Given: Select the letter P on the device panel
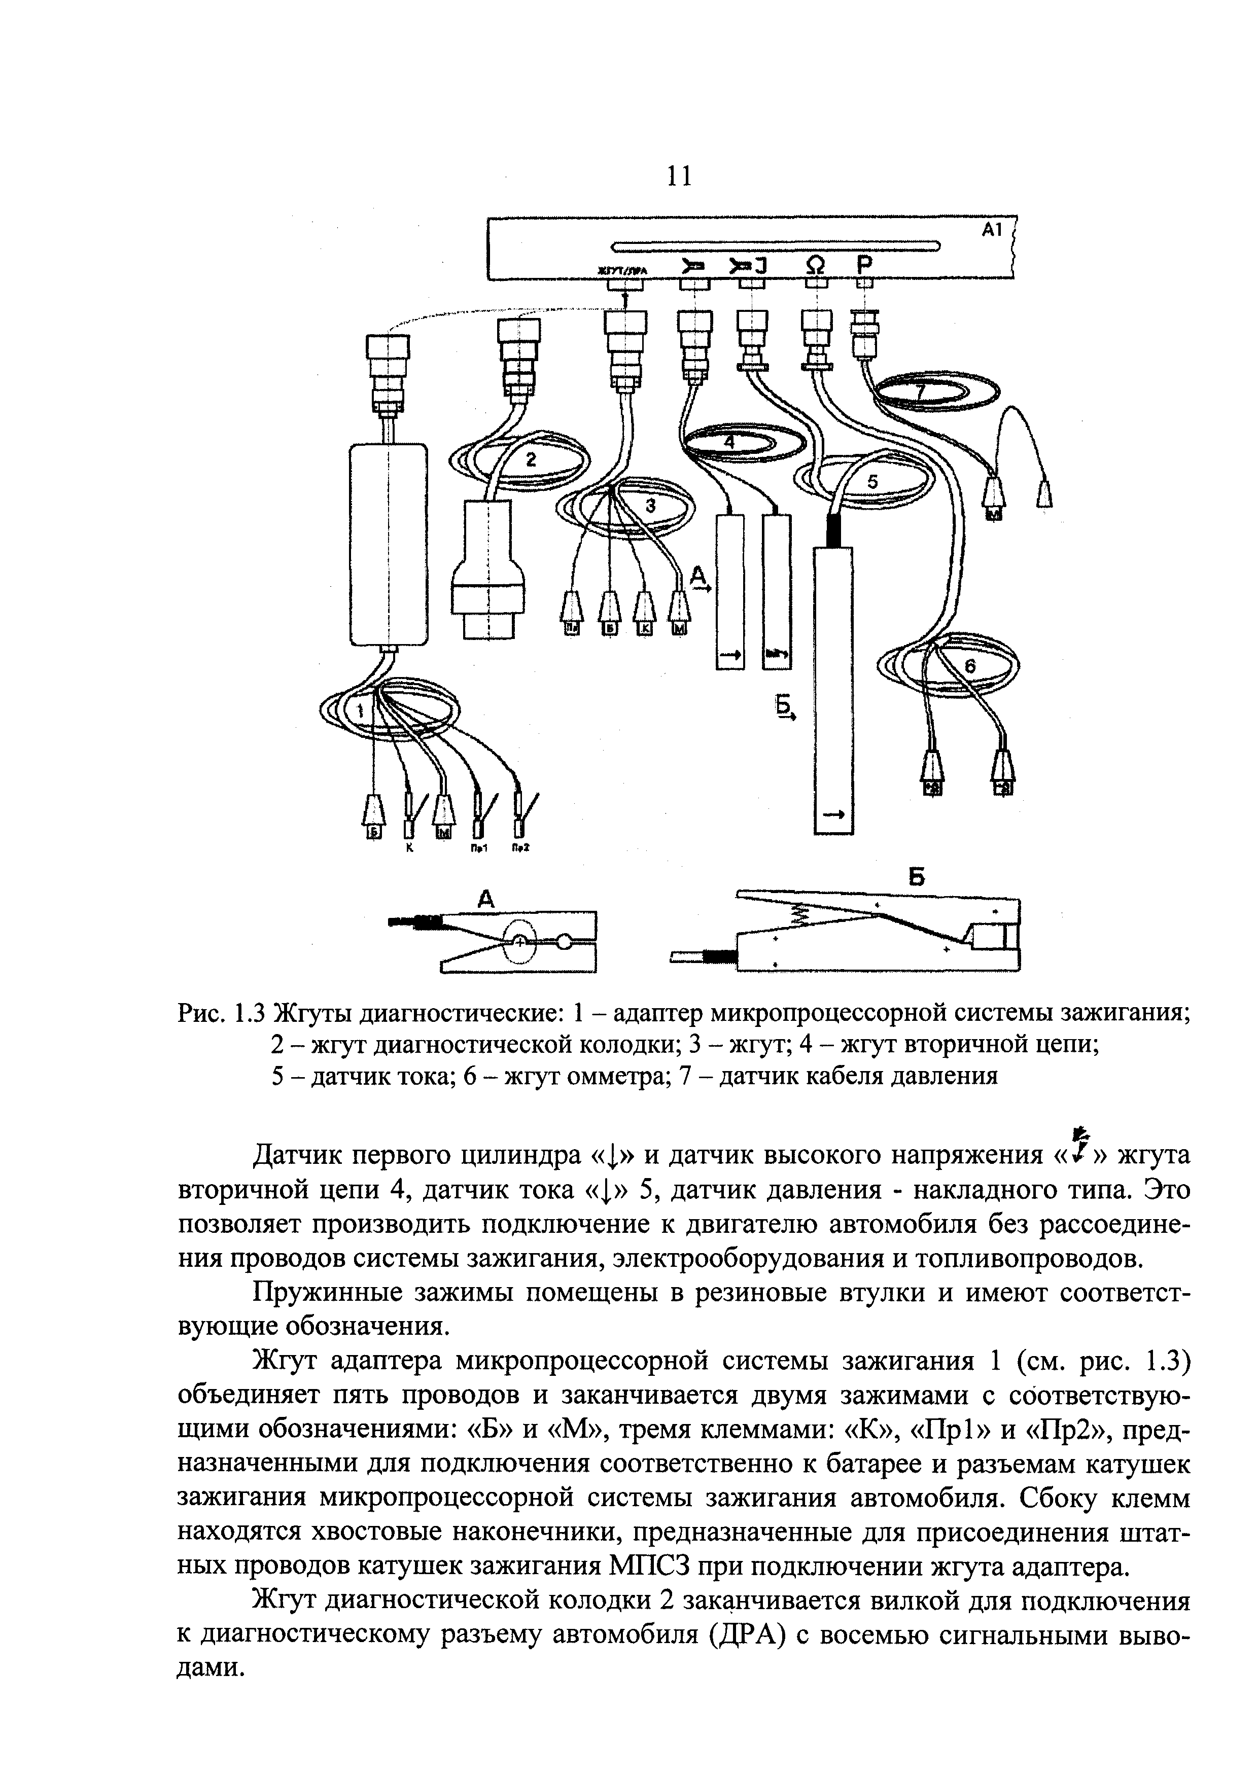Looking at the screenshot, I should coord(864,266).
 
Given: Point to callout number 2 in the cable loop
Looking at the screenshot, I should coord(531,459).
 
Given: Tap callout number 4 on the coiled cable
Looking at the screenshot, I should coord(728,441).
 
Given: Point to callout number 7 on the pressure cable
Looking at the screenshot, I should coord(920,392).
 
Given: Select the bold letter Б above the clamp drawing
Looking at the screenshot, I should coord(917,877).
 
